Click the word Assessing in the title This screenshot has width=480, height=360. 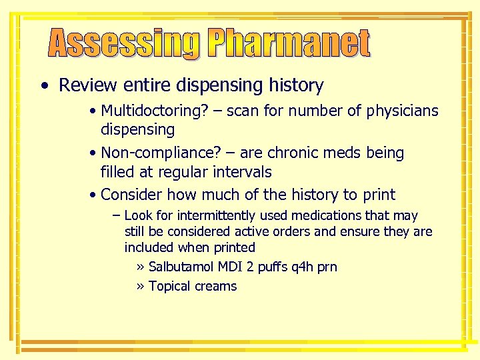(124, 44)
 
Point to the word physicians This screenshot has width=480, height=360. (403, 111)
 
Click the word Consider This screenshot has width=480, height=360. (131, 195)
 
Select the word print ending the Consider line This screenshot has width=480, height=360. (378, 195)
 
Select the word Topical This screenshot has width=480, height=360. (169, 287)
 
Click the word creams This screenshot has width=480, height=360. (215, 287)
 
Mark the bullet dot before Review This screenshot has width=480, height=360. (43, 86)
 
